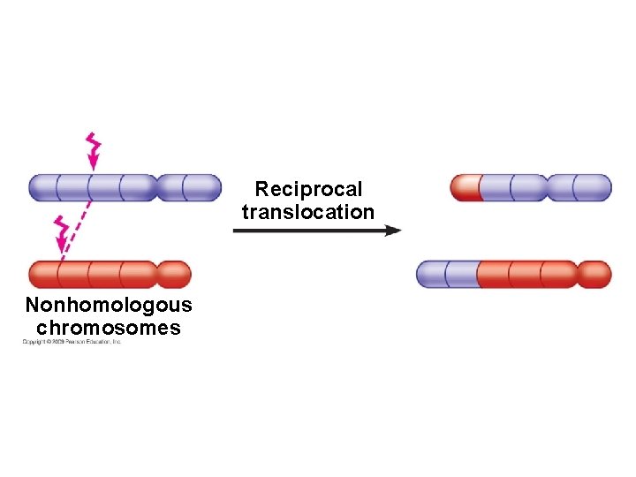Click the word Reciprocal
point(308,189)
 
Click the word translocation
point(308,212)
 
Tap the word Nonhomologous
point(109,306)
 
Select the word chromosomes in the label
point(109,329)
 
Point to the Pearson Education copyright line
point(72,342)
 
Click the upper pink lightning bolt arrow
point(92,151)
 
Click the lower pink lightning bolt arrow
point(62,235)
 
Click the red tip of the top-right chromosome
point(466,187)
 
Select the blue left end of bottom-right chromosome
point(445,274)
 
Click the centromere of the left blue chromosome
point(155,187)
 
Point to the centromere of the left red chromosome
point(156,274)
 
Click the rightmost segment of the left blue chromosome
point(203,187)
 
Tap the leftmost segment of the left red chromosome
point(44,274)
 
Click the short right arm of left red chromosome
point(174,274)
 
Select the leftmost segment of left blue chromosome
point(44,187)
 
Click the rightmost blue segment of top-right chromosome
point(593,187)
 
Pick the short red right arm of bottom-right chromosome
point(594,274)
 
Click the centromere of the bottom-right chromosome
point(576,274)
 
